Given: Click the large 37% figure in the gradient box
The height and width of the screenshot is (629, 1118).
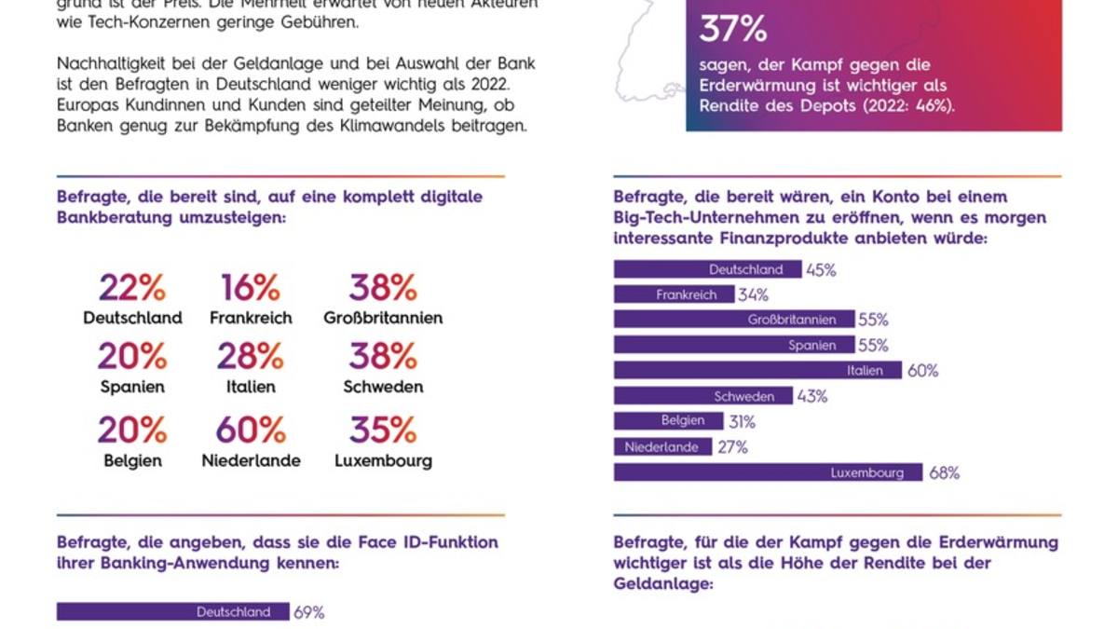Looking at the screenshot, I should tap(733, 29).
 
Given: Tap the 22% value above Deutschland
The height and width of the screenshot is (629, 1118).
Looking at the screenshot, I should tap(132, 288).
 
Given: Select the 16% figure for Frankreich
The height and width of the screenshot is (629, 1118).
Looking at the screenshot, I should tap(251, 288).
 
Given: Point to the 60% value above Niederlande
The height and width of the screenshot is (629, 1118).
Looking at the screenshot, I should tap(251, 431).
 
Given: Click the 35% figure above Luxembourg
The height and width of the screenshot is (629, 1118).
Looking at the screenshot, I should tap(383, 431).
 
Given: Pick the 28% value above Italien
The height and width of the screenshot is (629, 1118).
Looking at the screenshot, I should tap(251, 356).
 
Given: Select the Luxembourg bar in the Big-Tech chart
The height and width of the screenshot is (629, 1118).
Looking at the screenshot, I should tap(768, 472).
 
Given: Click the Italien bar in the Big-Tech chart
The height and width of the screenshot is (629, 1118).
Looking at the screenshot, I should tap(757, 371).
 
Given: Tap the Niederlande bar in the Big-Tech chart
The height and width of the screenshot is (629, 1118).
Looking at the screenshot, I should tap(662, 447).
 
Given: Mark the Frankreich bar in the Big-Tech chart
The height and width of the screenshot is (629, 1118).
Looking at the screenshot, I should tap(674, 294).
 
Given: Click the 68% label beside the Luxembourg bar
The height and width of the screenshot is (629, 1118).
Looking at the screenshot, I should tap(944, 473).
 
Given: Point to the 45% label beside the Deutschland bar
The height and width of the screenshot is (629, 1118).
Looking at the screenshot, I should tap(821, 270).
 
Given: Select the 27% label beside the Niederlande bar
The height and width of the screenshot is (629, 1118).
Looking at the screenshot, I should tap(732, 447).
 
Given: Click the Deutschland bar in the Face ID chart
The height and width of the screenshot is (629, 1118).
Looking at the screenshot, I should tap(171, 612).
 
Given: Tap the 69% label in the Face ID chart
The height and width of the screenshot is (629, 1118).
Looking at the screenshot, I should tap(308, 613).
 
